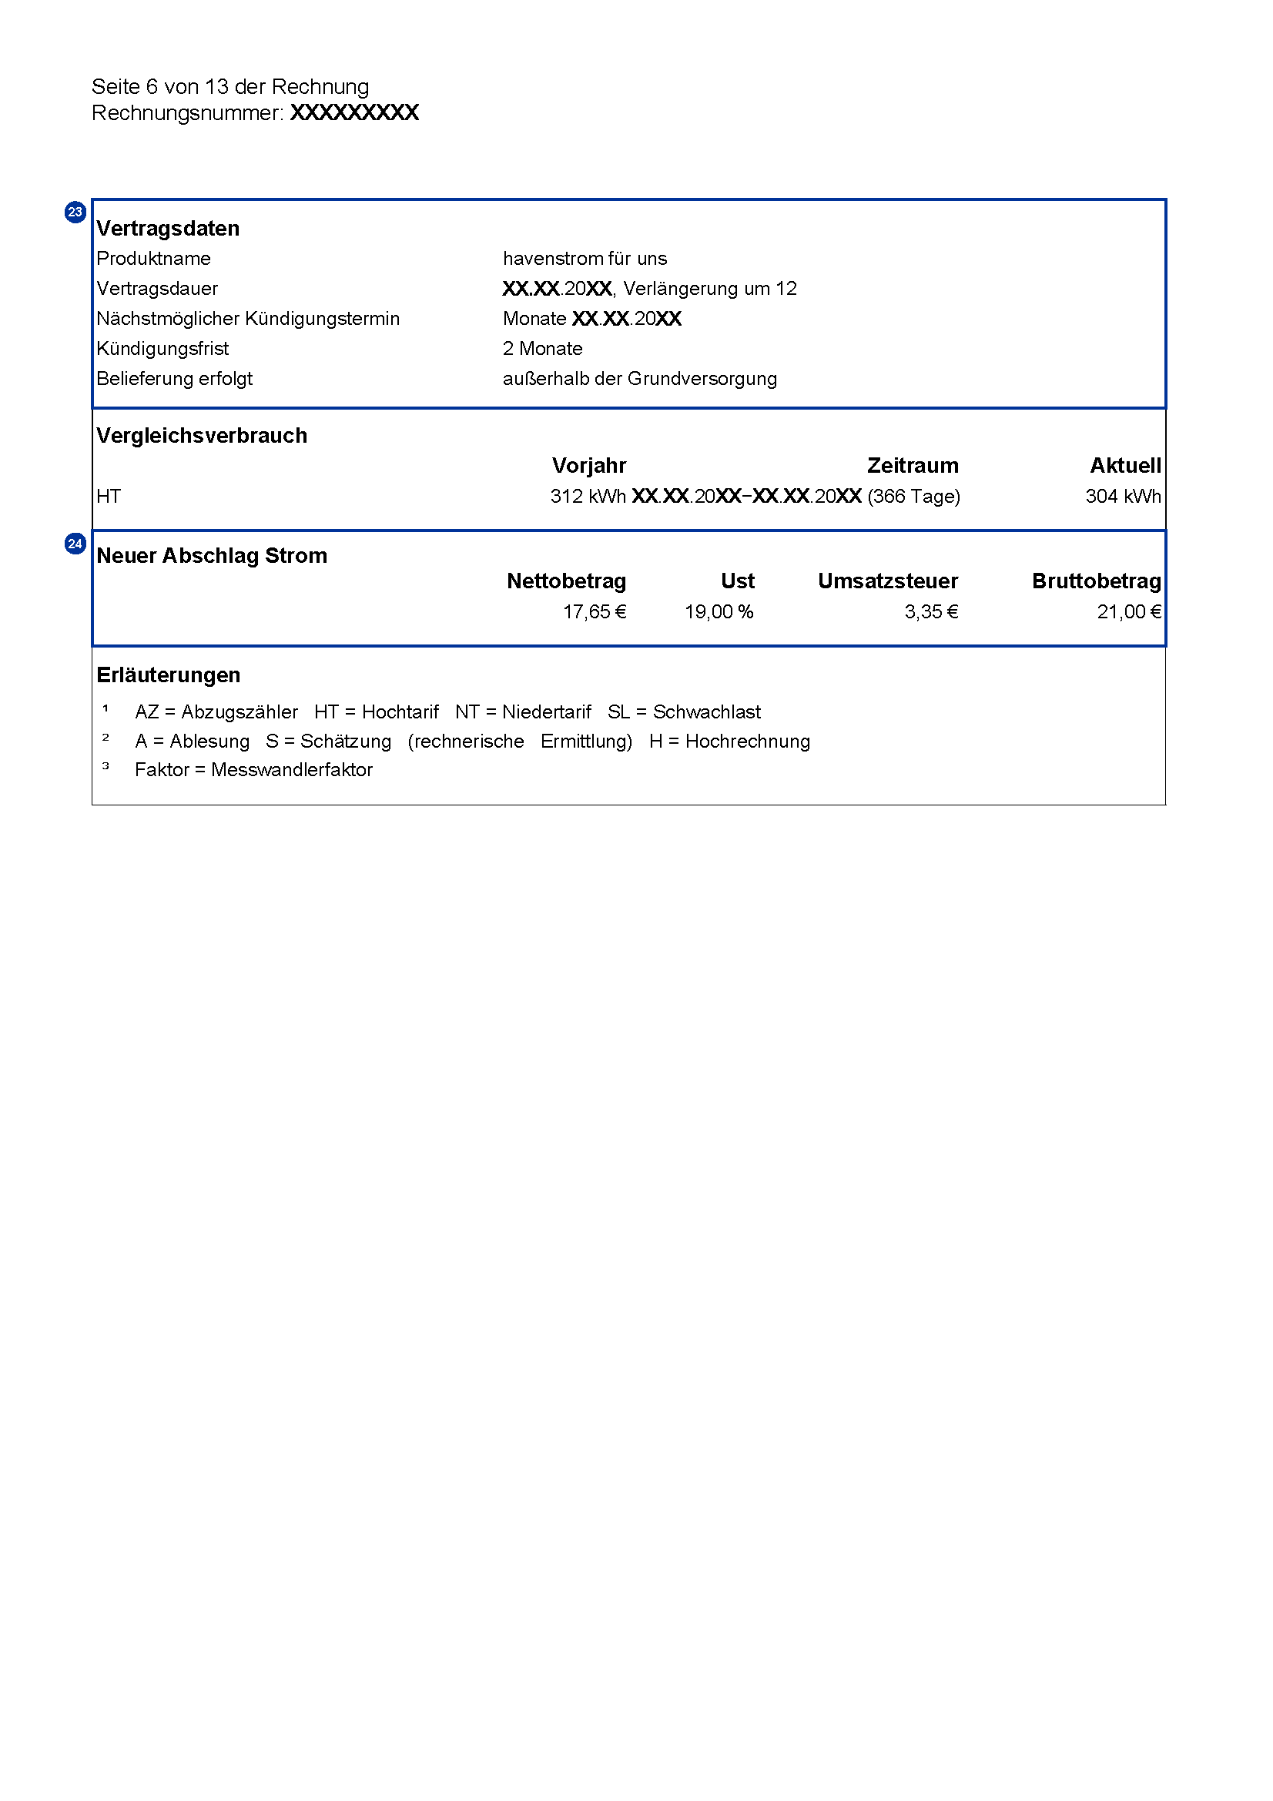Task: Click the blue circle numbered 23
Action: [x=75, y=212]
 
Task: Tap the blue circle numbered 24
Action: [x=75, y=544]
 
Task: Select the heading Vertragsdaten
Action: [x=168, y=228]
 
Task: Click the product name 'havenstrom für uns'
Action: [x=585, y=259]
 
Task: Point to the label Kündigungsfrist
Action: [x=162, y=348]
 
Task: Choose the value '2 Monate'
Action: [x=542, y=348]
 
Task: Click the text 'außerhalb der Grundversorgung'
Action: [x=639, y=379]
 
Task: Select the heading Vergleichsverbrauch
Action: [x=202, y=435]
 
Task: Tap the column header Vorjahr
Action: [x=588, y=466]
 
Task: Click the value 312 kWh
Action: [x=588, y=497]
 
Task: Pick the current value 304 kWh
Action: [x=1122, y=497]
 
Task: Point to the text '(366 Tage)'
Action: [x=913, y=497]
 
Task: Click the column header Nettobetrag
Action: [x=565, y=581]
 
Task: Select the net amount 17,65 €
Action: [x=594, y=612]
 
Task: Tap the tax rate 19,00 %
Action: [x=719, y=612]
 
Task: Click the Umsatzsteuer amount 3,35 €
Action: [x=931, y=612]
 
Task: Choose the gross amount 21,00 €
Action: [x=1128, y=612]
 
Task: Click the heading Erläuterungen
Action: [x=168, y=675]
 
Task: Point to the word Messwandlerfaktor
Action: [x=292, y=770]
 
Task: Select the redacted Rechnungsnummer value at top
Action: [x=353, y=113]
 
